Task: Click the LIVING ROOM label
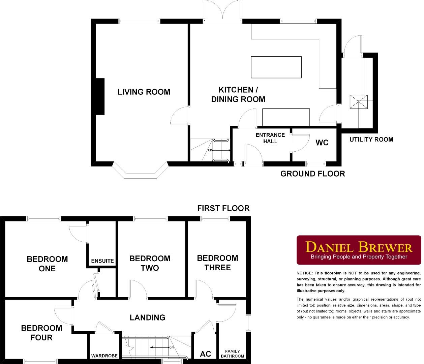tap(144, 92)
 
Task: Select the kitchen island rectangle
tap(276, 67)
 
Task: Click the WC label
tap(322, 143)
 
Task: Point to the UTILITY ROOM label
tap(371, 139)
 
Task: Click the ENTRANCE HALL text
tap(270, 138)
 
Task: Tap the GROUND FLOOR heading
tap(312, 174)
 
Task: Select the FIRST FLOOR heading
tap(223, 208)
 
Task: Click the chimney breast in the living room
tap(100, 97)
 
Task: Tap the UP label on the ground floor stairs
tap(210, 150)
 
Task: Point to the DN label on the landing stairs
tap(171, 347)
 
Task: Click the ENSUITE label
tap(102, 261)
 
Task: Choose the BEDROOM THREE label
tap(217, 263)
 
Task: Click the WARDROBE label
tap(104, 356)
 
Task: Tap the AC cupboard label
tap(205, 354)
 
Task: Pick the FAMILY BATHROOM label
tap(232, 354)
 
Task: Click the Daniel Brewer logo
tap(359, 250)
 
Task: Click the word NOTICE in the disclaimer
tap(305, 273)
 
